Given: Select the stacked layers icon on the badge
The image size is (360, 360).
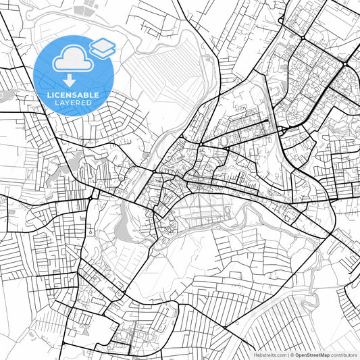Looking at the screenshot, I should pos(103,48).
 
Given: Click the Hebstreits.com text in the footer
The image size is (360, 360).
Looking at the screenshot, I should pos(267,355).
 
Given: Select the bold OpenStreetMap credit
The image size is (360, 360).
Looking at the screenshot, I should pos(312,355).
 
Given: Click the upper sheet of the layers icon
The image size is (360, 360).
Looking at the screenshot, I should pos(103,45).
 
